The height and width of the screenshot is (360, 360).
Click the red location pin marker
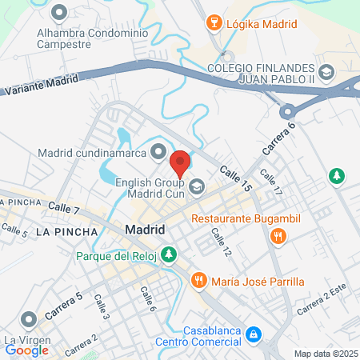click(x=181, y=163)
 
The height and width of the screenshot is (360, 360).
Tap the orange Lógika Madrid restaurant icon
click(x=213, y=22)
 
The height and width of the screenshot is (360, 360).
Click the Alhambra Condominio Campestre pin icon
click(x=58, y=13)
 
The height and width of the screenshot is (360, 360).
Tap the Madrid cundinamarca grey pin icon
click(x=159, y=151)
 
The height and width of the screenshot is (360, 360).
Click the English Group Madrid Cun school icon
click(x=198, y=187)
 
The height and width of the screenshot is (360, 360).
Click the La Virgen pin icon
click(x=29, y=321)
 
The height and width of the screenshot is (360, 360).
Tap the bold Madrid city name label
click(x=146, y=230)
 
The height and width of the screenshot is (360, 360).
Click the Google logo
click(x=26, y=350)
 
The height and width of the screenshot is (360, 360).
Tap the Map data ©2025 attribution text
click(x=325, y=354)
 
